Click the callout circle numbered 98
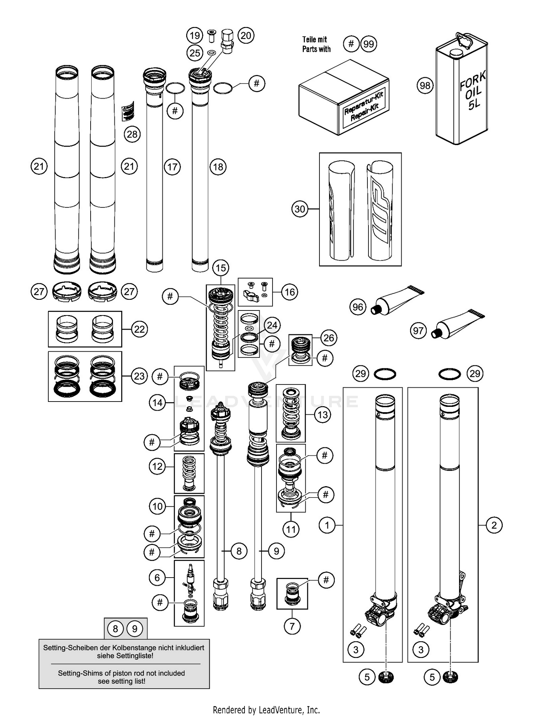tap(425, 85)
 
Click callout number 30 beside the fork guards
tap(300, 209)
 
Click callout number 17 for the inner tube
tap(172, 166)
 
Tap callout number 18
tap(218, 166)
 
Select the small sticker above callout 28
tap(128, 111)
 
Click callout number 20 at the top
tap(246, 35)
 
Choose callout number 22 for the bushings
tap(139, 329)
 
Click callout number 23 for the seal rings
tap(139, 376)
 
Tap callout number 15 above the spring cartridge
tap(221, 268)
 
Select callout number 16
tap(290, 292)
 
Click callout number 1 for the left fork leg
tap(327, 525)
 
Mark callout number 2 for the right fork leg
tap(494, 525)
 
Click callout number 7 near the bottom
tap(292, 626)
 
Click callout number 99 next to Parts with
tap(369, 44)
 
